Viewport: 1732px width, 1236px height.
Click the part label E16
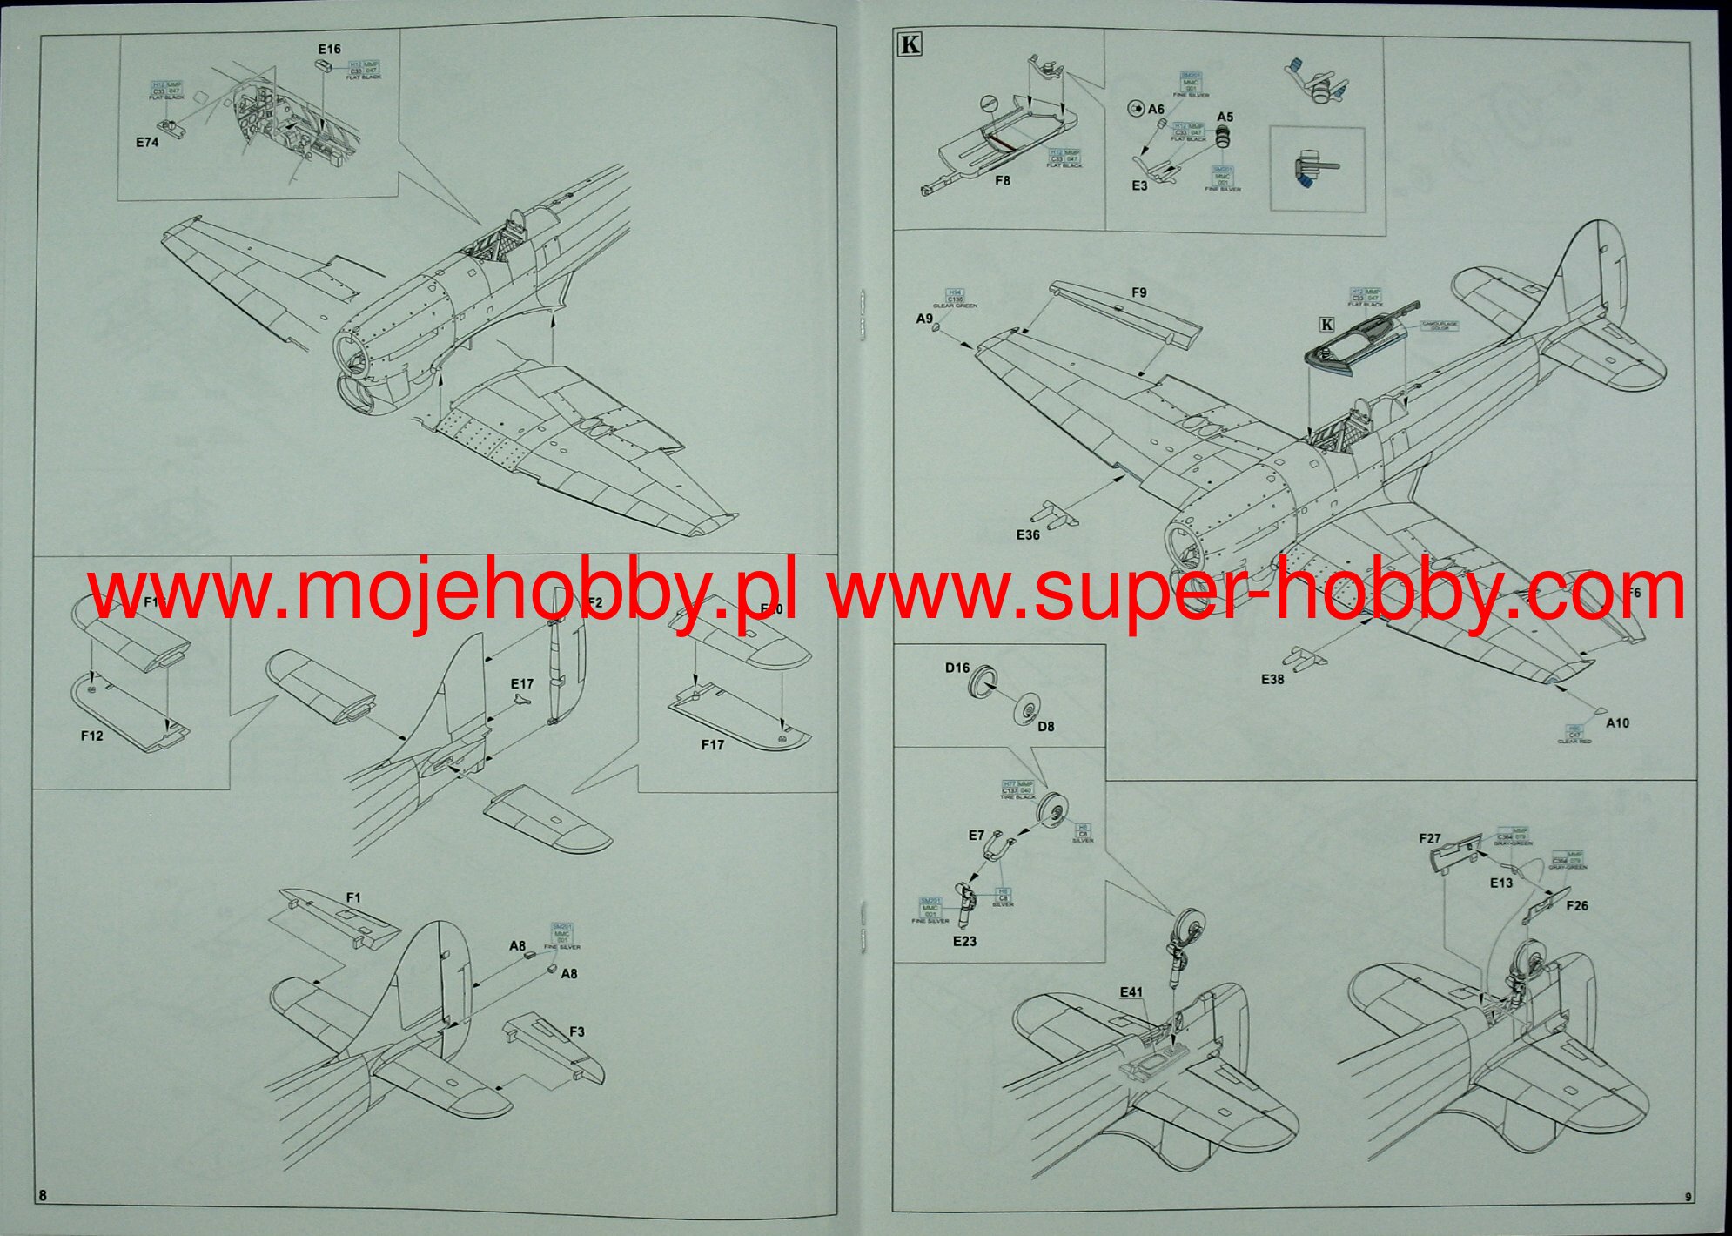pos(329,50)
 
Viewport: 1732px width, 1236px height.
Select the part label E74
pos(147,142)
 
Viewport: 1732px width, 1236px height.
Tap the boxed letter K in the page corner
pos(909,44)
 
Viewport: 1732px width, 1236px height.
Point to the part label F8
pos(1002,181)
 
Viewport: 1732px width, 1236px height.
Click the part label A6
pos(1155,109)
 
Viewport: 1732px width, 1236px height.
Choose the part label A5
pos(1225,117)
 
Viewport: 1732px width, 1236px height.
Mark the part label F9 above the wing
pos(1138,292)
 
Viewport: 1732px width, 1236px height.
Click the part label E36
pos(1028,534)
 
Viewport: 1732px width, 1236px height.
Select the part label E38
pos(1272,679)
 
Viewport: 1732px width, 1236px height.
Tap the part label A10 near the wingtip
pos(1617,722)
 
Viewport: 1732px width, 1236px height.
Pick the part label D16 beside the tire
pos(957,668)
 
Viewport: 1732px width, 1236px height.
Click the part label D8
pos(1045,726)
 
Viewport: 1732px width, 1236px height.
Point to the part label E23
pos(964,941)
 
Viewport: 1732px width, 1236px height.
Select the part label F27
pos(1429,838)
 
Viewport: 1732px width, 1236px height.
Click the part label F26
pos(1576,905)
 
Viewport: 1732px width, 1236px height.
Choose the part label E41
pos(1131,991)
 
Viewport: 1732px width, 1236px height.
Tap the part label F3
pos(576,1031)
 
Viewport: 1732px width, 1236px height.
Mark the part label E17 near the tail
pos(521,684)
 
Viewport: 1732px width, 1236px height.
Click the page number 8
pos(43,1195)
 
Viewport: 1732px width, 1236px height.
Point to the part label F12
pos(91,736)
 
